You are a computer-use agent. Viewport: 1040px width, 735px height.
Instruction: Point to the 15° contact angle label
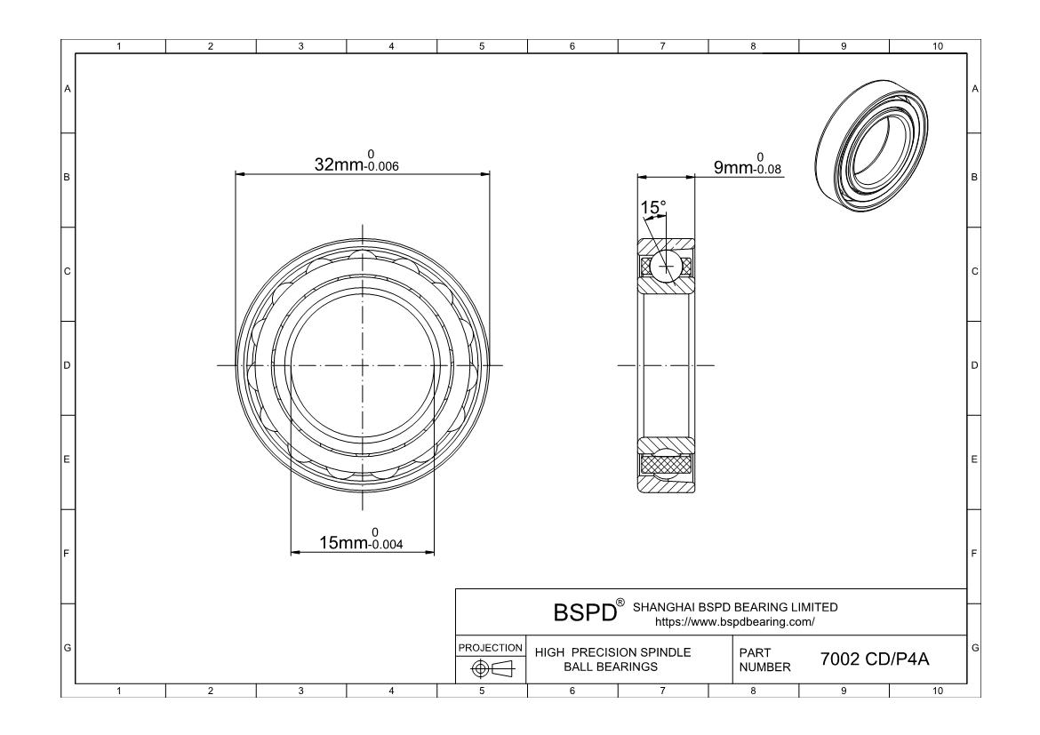(x=653, y=208)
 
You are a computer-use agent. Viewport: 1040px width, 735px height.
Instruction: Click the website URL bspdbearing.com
(x=734, y=621)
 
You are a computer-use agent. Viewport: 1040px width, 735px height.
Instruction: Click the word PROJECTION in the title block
(x=491, y=648)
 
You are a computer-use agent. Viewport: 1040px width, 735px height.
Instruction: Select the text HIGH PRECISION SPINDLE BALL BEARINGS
(x=612, y=659)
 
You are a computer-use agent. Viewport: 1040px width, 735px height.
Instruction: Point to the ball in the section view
(x=666, y=265)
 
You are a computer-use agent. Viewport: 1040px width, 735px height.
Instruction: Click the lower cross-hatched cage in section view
(x=666, y=464)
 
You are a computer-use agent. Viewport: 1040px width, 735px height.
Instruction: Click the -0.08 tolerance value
(x=769, y=170)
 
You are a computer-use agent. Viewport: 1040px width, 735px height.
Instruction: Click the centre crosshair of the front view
(x=363, y=365)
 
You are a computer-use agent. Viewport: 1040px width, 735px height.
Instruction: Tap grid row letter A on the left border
(x=67, y=89)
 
